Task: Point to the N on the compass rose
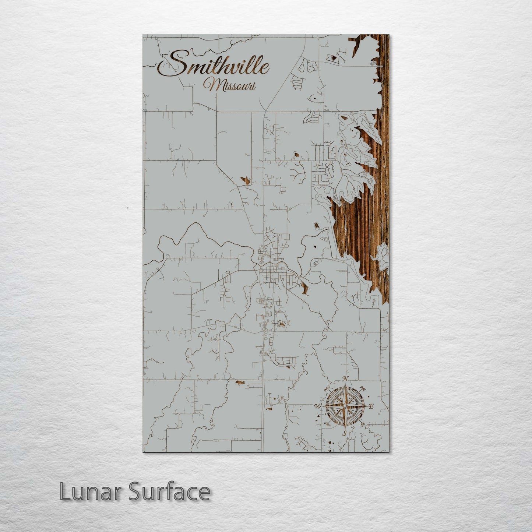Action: point(345,379)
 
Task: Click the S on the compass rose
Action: point(345,433)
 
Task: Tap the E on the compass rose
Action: point(371,406)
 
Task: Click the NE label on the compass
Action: point(363,388)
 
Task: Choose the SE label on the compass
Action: point(363,424)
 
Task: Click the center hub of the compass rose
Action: point(345,406)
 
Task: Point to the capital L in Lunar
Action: point(65,492)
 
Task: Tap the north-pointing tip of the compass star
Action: point(345,387)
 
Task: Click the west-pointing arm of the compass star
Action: point(330,406)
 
